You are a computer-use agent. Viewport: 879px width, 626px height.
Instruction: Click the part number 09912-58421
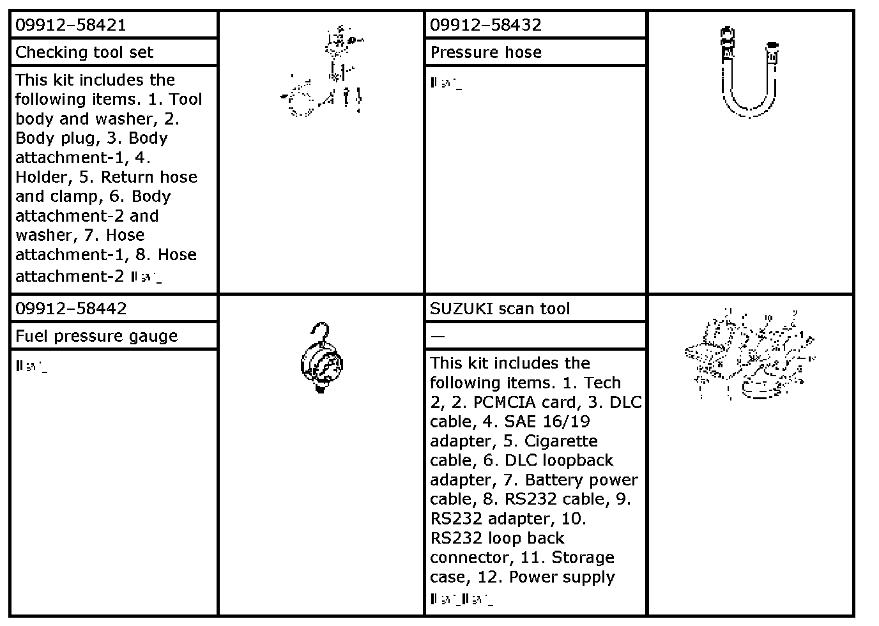click(70, 26)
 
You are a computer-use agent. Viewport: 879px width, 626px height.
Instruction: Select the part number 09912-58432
click(485, 26)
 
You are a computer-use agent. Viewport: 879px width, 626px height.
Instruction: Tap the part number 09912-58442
click(71, 309)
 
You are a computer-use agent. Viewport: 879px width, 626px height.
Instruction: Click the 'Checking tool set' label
click(84, 52)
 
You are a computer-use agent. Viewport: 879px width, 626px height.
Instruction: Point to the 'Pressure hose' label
click(486, 52)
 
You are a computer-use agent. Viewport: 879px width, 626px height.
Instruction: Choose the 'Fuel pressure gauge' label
click(96, 336)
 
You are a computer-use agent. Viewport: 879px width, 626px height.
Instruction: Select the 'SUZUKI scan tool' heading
click(500, 309)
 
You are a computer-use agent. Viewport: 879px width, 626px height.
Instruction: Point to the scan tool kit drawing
click(749, 355)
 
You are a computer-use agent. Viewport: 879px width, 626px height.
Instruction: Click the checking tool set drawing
click(323, 73)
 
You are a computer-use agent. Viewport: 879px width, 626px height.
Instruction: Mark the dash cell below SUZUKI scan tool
click(438, 336)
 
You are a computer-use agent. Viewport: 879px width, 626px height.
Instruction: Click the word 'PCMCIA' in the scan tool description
click(497, 402)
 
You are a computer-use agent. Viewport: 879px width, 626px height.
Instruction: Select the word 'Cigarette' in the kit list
click(561, 441)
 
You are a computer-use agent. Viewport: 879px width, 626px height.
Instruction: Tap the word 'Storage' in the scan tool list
click(583, 558)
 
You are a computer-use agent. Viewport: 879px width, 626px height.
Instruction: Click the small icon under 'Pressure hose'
click(446, 83)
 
